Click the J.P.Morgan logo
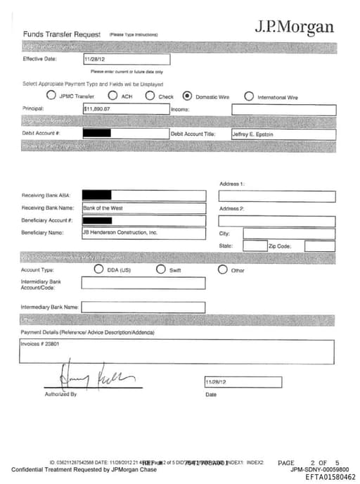coord(294,27)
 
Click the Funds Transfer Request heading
coord(63,34)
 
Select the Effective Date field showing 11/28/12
coord(126,60)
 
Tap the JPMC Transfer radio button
coord(51,96)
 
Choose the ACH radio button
coord(112,96)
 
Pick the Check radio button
coord(150,96)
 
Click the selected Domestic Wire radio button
coord(187,96)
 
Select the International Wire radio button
coord(249,96)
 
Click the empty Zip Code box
coord(320,246)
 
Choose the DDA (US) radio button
coord(99,269)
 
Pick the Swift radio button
coord(161,269)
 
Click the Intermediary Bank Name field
coord(143,307)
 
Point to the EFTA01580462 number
coord(330,477)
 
